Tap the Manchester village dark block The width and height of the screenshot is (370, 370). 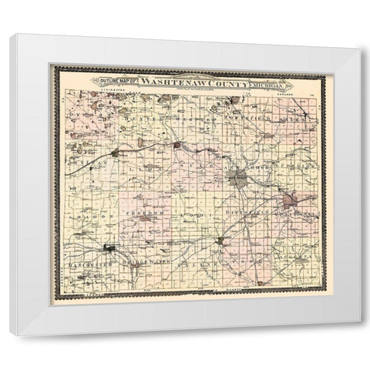(110, 248)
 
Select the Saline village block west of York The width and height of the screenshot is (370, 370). (220, 241)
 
